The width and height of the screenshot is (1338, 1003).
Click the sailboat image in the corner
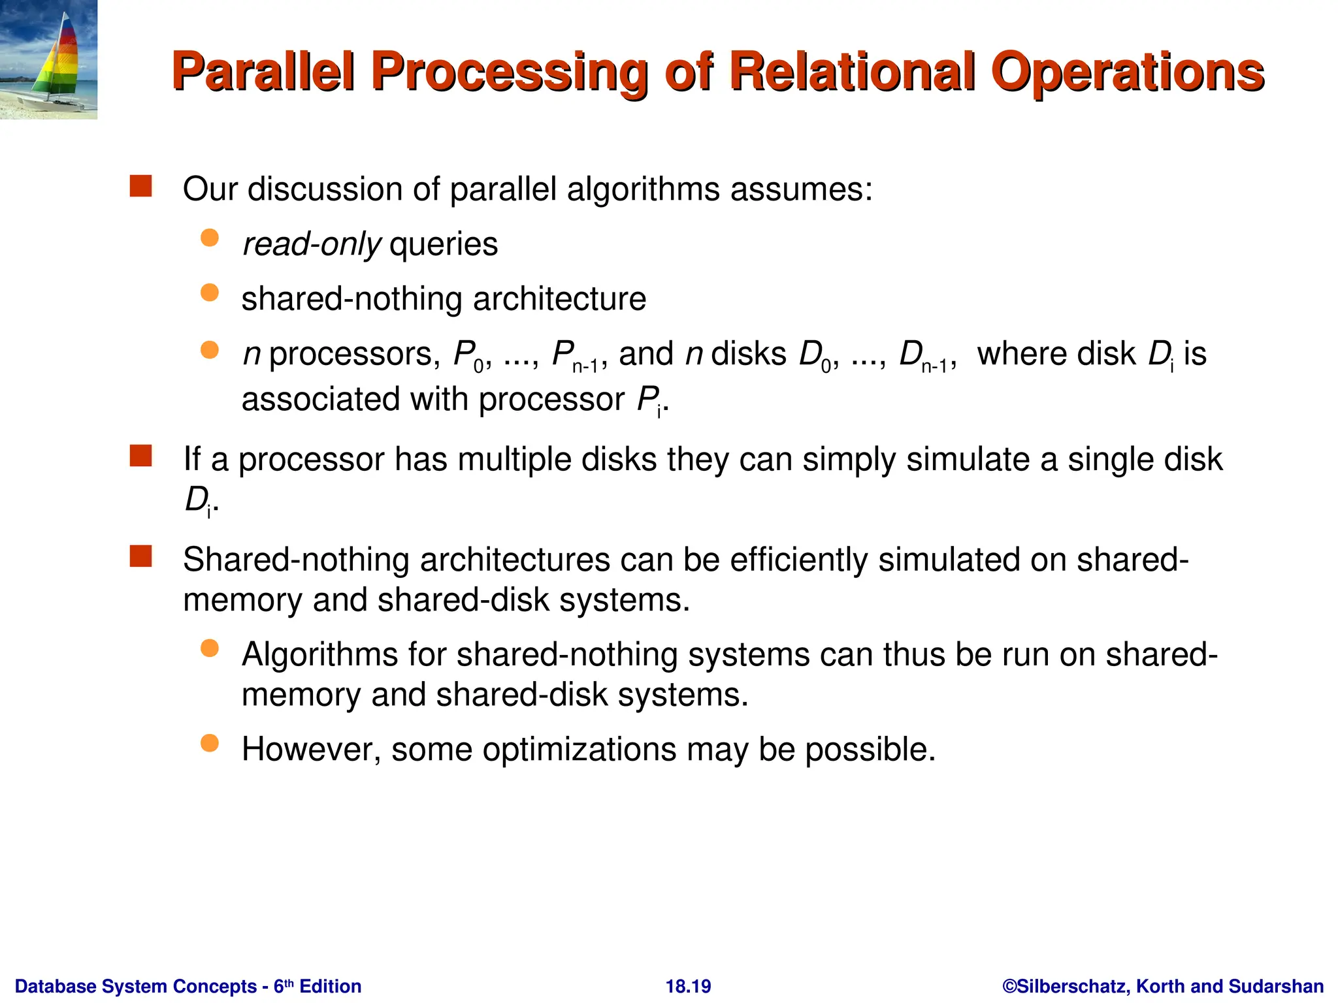click(x=49, y=59)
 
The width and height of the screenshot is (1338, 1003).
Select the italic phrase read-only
click(x=312, y=245)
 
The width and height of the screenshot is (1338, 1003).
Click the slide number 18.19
click(x=688, y=986)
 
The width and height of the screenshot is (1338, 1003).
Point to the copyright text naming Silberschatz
click(x=1163, y=986)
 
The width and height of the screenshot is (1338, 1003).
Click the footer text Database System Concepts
click(x=136, y=986)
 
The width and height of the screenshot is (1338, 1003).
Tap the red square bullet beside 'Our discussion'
click(x=141, y=186)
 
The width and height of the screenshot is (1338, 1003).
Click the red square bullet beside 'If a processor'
click(x=141, y=456)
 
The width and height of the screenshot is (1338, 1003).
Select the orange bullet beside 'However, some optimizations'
click(x=210, y=743)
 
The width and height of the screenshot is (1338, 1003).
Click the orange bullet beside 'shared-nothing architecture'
click(x=210, y=293)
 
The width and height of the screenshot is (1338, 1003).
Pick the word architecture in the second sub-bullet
click(x=559, y=299)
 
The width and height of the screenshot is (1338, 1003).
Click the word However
click(x=311, y=749)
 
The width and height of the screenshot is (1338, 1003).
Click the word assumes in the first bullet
click(x=801, y=189)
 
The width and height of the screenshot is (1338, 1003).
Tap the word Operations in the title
click(x=1127, y=72)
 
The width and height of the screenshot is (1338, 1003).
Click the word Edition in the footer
click(x=330, y=986)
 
